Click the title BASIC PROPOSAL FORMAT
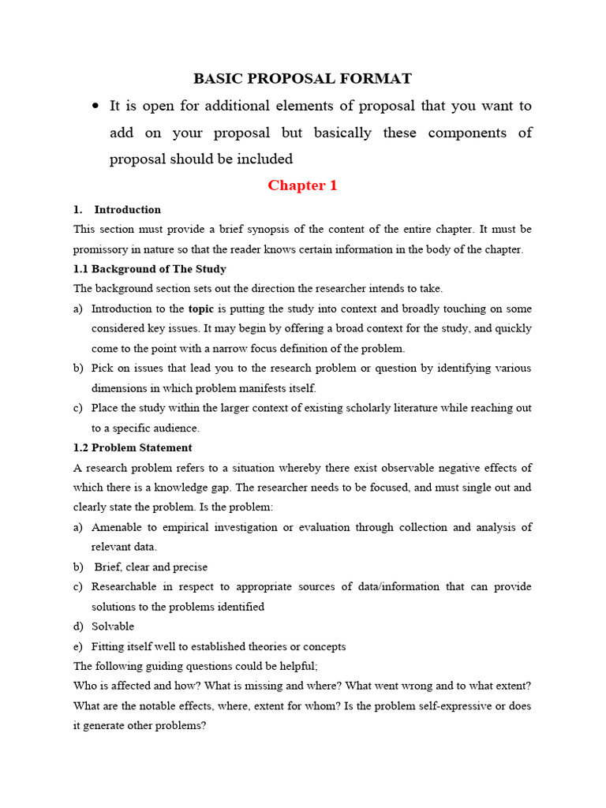click(x=303, y=78)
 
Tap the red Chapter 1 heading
click(x=302, y=185)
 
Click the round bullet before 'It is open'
click(x=95, y=106)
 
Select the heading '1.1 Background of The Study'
click(x=150, y=269)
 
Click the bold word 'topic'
click(x=201, y=309)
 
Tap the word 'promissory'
click(x=103, y=249)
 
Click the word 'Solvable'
click(x=113, y=627)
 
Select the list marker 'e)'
click(x=78, y=646)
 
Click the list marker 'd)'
click(x=78, y=627)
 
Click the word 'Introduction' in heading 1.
click(x=127, y=210)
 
